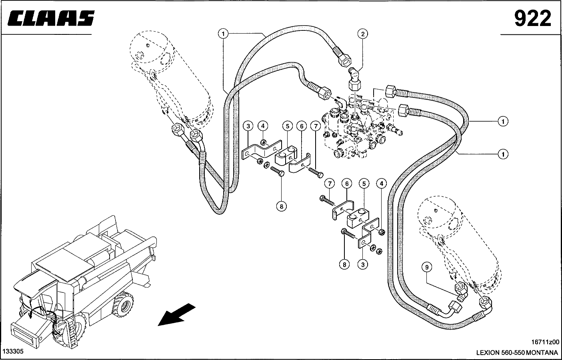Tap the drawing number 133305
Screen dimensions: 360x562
tap(13, 351)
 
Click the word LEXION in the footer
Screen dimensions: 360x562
tap(488, 352)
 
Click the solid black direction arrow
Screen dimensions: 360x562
tap(176, 314)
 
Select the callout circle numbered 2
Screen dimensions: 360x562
tap(363, 34)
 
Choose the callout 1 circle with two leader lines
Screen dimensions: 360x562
tap(224, 34)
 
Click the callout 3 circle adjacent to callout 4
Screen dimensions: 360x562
tap(248, 126)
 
